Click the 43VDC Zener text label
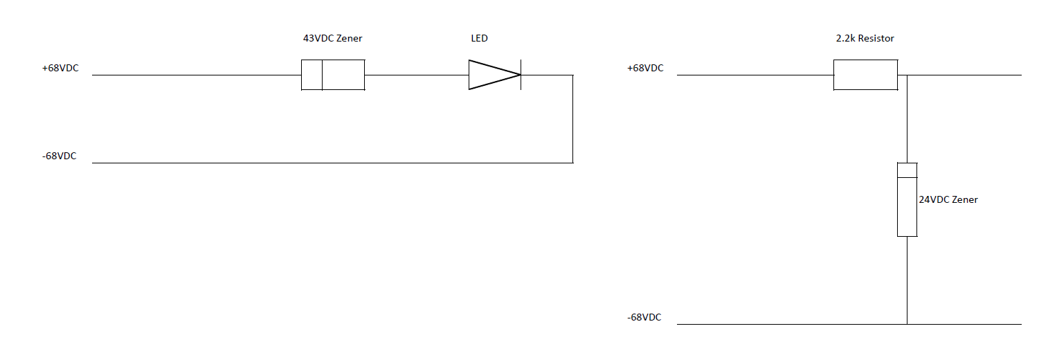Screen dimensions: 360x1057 (332, 39)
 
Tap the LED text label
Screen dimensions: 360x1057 (479, 39)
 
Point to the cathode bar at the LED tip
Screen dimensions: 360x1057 (521, 75)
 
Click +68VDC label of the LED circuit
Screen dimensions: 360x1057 (60, 69)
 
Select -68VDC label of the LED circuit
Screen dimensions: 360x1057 (59, 156)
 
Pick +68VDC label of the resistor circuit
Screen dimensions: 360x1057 (645, 69)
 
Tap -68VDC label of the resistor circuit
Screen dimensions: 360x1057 (644, 318)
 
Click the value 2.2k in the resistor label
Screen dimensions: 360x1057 (846, 39)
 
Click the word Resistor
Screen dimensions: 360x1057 (876, 39)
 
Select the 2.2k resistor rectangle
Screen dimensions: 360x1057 (865, 75)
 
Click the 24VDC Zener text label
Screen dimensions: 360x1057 (948, 199)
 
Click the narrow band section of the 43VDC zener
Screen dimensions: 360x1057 (312, 75)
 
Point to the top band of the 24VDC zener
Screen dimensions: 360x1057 (907, 170)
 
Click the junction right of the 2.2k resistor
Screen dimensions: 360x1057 (907, 75)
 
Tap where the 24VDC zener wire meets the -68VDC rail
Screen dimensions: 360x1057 (907, 324)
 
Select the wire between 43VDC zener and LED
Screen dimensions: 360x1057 (416, 75)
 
